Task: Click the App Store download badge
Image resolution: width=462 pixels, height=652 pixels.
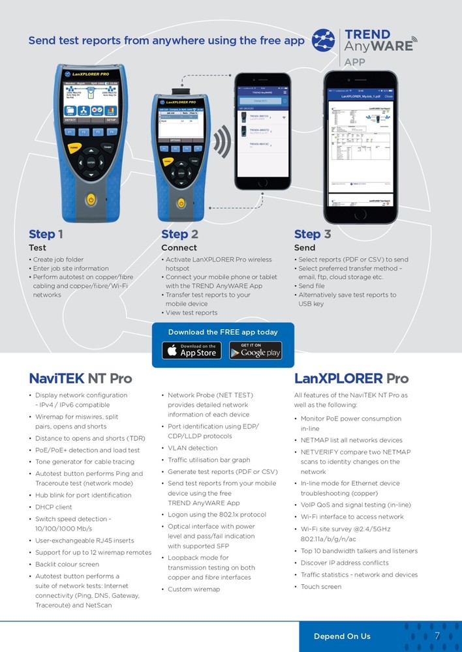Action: tap(191, 350)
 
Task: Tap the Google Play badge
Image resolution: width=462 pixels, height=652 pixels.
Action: tap(255, 350)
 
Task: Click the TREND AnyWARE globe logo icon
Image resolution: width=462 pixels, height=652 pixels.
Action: tap(323, 40)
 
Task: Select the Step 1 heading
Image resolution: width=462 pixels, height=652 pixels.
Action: tap(46, 234)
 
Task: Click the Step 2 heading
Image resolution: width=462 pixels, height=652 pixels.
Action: tap(179, 234)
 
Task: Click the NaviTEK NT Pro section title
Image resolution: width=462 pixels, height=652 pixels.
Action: tap(80, 378)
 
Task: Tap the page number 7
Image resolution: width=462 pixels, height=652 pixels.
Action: tap(437, 636)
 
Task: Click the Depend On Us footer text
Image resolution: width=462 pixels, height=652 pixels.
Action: tap(342, 636)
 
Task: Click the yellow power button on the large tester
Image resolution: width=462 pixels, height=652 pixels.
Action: tap(91, 199)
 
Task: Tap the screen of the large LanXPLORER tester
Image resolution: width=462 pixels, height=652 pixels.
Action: tap(91, 101)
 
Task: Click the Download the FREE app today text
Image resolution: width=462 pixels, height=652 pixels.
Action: tap(223, 332)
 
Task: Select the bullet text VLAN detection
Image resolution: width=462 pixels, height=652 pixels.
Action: tap(192, 448)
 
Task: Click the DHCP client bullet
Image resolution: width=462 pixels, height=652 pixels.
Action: tap(54, 507)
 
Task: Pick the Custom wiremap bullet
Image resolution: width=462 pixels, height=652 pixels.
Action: tap(194, 589)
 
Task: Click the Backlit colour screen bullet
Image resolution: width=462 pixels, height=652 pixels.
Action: tap(67, 565)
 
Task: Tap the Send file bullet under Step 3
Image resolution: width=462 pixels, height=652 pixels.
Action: tap(315, 286)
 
